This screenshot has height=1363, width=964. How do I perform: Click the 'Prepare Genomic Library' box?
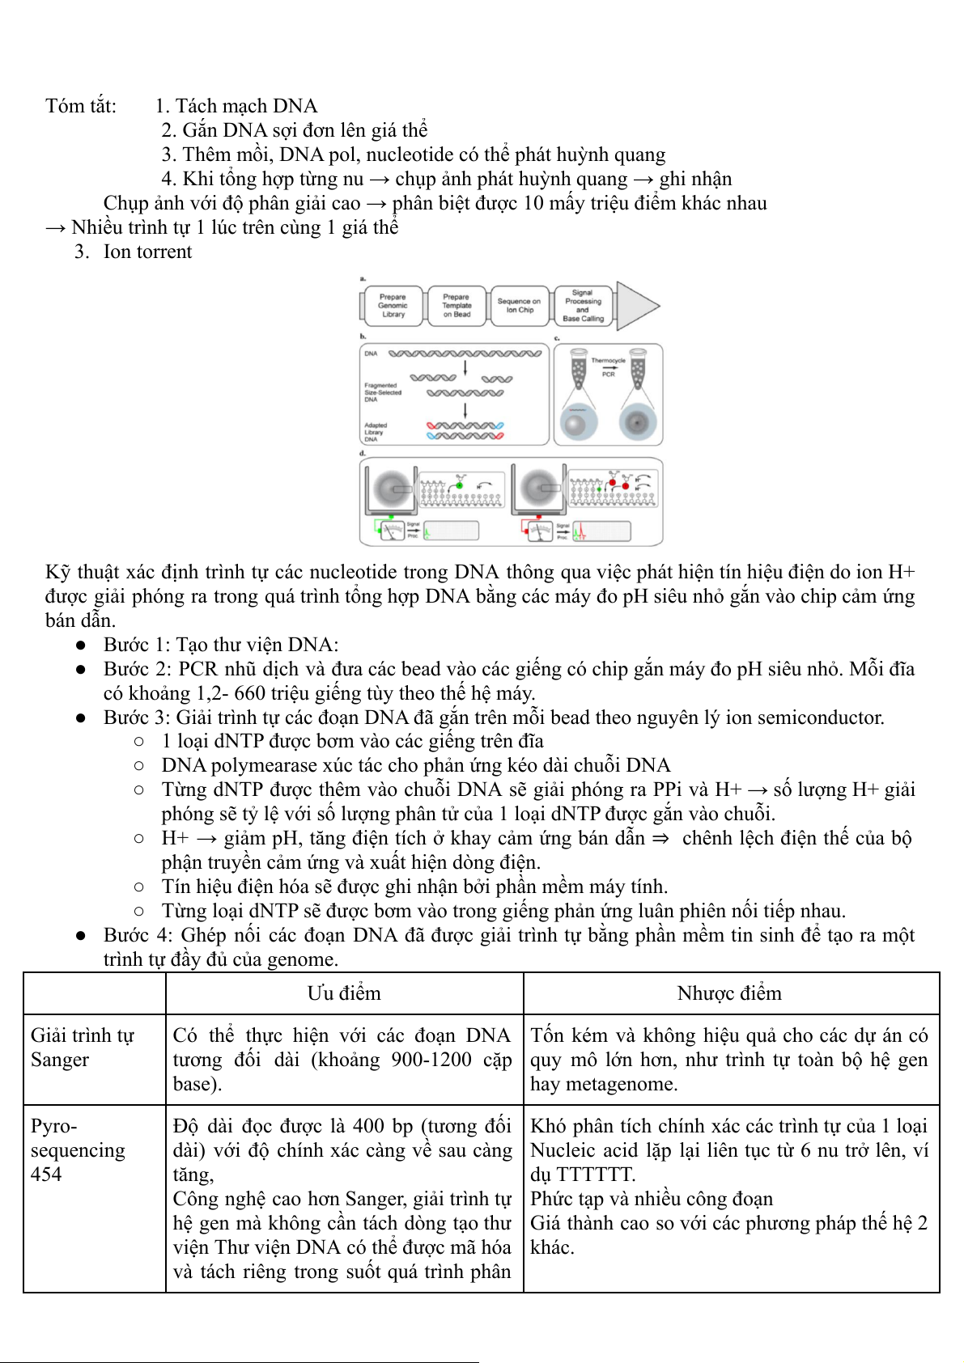[393, 306]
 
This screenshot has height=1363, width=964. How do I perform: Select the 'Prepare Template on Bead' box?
[457, 306]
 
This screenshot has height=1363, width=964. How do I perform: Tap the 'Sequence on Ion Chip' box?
[519, 306]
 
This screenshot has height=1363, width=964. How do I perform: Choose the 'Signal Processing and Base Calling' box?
[583, 306]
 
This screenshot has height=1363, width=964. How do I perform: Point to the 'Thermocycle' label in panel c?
[608, 361]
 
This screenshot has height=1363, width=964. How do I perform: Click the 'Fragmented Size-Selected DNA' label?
[382, 392]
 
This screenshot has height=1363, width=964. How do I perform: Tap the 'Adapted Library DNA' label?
[376, 432]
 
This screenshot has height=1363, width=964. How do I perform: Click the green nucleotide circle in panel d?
[460, 485]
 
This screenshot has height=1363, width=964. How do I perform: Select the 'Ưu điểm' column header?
[344, 993]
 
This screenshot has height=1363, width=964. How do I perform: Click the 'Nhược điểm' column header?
[729, 993]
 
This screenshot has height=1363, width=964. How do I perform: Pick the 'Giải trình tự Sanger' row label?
[82, 1048]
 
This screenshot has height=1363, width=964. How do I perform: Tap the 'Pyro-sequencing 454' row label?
[78, 1150]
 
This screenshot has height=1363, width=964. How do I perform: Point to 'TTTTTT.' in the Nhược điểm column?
[596, 1175]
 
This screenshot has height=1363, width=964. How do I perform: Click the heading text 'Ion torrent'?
[147, 252]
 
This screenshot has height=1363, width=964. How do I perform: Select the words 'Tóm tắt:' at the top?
[81, 106]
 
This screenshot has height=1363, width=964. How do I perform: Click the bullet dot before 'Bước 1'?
[81, 646]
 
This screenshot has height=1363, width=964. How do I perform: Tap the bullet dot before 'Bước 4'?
[81, 936]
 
